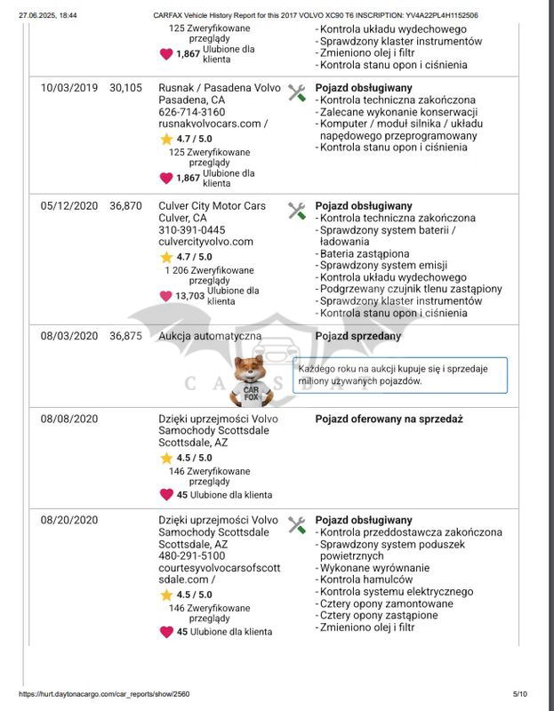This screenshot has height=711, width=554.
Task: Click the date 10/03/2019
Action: click(x=69, y=88)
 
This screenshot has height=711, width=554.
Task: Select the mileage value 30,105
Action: click(x=125, y=88)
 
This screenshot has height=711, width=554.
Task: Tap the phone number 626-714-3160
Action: click(x=191, y=113)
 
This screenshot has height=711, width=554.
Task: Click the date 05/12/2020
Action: click(x=69, y=206)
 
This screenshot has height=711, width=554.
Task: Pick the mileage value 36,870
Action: click(x=125, y=206)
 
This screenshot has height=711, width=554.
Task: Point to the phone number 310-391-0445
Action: click(x=191, y=230)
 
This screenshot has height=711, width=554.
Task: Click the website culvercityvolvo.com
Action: click(x=205, y=242)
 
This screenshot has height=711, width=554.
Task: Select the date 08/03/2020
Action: click(x=69, y=336)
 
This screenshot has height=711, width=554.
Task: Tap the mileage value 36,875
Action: click(x=125, y=336)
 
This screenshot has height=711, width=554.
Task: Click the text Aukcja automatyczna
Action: click(x=210, y=336)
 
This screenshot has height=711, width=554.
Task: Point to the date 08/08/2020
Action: click(x=69, y=419)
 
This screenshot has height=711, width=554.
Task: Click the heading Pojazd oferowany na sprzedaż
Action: click(x=389, y=419)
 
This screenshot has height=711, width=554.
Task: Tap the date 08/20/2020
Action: click(x=69, y=520)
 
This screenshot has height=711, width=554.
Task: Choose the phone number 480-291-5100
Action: click(x=191, y=556)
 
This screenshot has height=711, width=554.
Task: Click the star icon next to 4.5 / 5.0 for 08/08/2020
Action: click(x=166, y=459)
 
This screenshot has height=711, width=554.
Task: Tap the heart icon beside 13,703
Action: click(x=166, y=296)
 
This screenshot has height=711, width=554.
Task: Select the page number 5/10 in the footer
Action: click(x=520, y=694)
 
